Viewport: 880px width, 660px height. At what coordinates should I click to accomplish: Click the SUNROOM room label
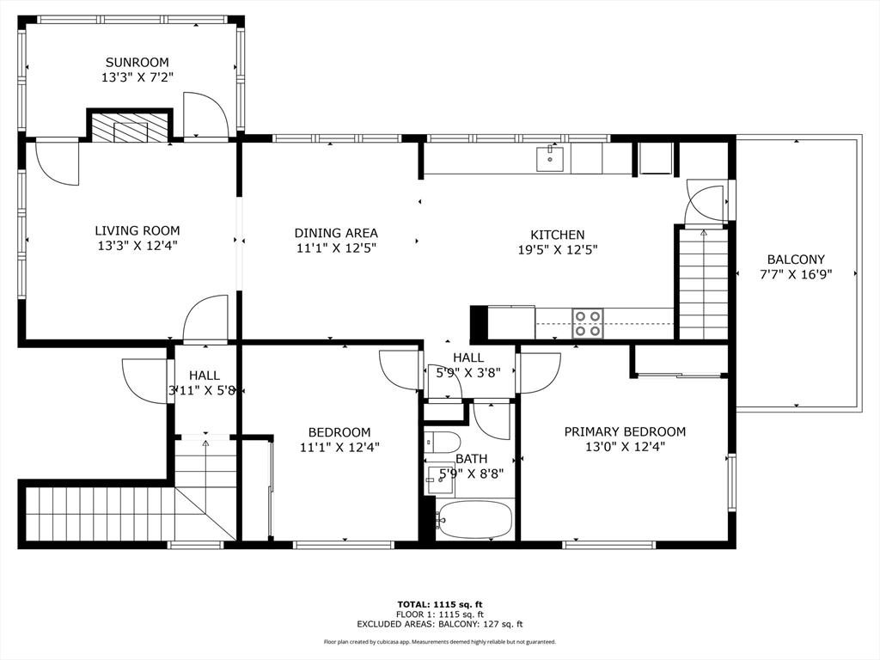click(x=137, y=62)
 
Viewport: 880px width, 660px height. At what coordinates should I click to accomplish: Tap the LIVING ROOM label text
click(x=137, y=230)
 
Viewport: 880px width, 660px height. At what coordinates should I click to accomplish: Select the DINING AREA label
click(x=336, y=233)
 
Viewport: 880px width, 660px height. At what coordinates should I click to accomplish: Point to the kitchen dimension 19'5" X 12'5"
click(x=557, y=250)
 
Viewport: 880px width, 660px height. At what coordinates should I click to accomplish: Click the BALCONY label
click(x=796, y=260)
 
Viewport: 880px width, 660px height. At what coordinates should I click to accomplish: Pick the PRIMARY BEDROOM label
click(x=625, y=431)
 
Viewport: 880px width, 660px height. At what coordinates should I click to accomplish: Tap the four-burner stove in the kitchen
click(x=588, y=323)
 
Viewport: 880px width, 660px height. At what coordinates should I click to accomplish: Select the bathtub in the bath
click(x=474, y=519)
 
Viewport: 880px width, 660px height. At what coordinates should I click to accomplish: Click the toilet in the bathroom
click(x=443, y=443)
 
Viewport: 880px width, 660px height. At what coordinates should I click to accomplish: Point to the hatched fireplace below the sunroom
click(x=130, y=127)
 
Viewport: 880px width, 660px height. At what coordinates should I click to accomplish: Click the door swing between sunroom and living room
click(x=205, y=114)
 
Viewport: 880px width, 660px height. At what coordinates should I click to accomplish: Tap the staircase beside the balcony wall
click(x=704, y=284)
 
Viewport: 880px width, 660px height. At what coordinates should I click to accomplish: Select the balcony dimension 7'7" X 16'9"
click(x=796, y=274)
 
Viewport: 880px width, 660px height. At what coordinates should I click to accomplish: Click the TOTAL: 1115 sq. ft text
click(x=440, y=604)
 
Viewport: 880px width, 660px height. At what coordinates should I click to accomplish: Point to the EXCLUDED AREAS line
click(x=440, y=624)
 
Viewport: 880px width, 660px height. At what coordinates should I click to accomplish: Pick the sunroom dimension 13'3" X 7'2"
click(x=137, y=77)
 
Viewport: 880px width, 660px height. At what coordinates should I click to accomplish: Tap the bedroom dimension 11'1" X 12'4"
click(x=339, y=447)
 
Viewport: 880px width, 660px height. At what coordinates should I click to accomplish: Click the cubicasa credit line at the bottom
click(x=440, y=641)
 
